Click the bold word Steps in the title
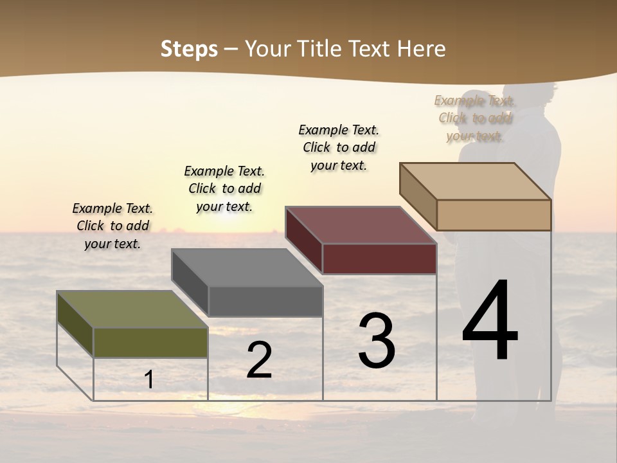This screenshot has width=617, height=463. coord(189,49)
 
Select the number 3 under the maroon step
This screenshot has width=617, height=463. coord(377,341)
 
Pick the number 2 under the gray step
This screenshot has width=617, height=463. coord(259,360)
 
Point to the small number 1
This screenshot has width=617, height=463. coord(149,379)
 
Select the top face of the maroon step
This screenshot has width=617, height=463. coord(360,225)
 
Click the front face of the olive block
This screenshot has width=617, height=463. coord(150,342)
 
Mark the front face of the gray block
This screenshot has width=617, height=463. coord(265,301)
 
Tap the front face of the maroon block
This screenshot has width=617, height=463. coord(379,259)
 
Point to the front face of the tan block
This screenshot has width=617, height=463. coord(494,215)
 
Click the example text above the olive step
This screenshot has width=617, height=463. coord(112,226)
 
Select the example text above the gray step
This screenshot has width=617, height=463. coord(224,188)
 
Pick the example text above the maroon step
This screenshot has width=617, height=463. coord(339,147)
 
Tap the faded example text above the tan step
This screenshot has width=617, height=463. coord(475,118)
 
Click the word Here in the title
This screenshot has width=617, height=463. coord(421,49)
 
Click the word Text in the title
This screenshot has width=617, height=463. coord(370,49)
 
